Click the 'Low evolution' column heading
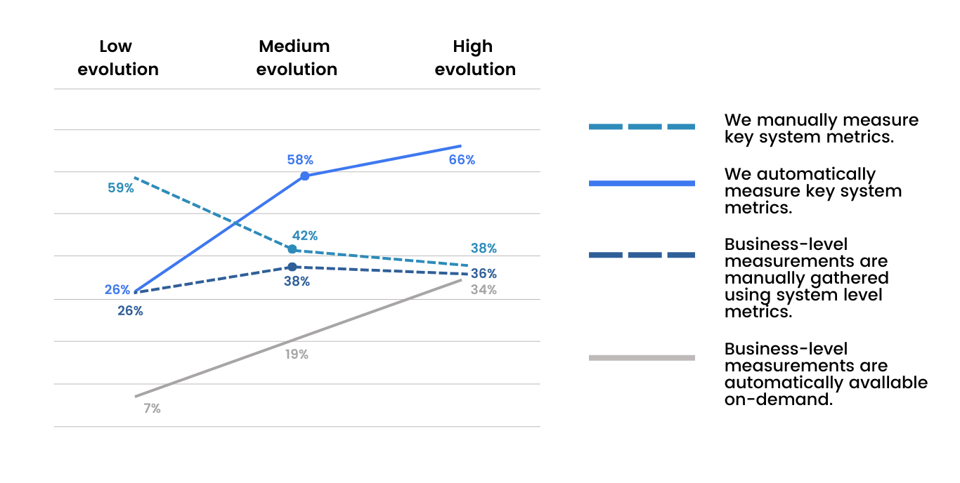[118, 58]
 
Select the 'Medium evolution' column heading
[297, 58]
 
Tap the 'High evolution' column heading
[475, 58]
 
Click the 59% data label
[121, 188]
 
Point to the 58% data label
[300, 159]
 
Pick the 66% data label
[462, 160]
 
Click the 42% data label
[304, 236]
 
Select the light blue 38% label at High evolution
[484, 249]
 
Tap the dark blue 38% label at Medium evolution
[297, 282]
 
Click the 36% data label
[484, 274]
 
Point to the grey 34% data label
[484, 289]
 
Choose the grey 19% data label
[297, 355]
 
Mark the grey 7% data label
[152, 409]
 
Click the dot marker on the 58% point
[304, 176]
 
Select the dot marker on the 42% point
[292, 249]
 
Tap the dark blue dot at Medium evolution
[292, 267]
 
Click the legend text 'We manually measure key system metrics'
[821, 128]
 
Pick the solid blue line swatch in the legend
[642, 183]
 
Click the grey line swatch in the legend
[642, 358]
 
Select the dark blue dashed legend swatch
[642, 255]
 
